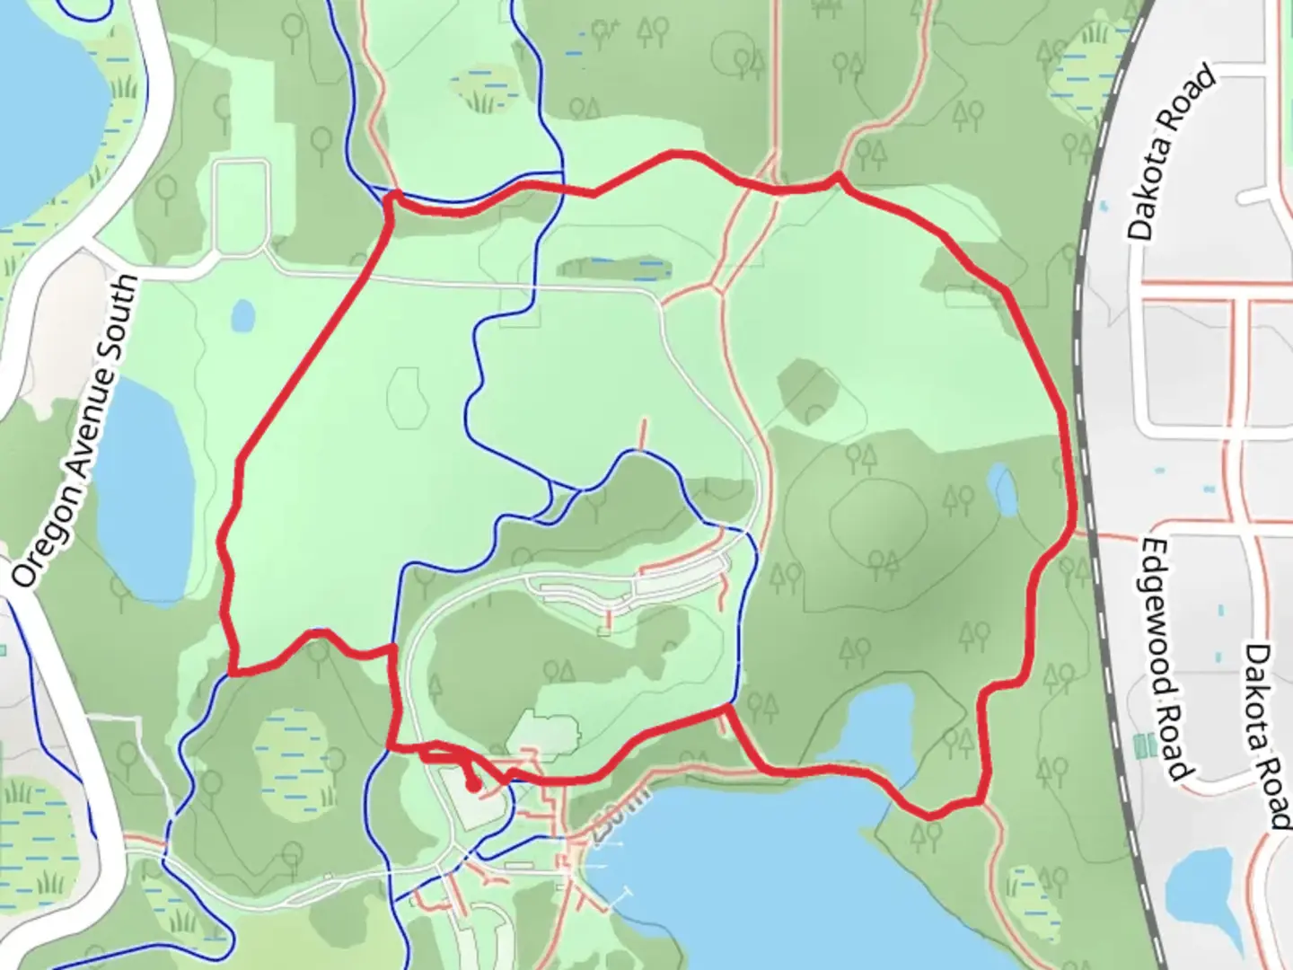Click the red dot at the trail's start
pos(472,788)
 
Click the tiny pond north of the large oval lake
pos(242,315)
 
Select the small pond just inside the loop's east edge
pos(1003,489)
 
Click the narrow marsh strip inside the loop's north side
pos(613,267)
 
